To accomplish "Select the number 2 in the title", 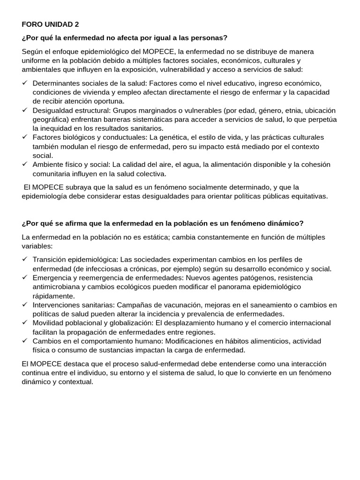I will pos(77,24).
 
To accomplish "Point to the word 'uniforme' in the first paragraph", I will pos(36,60).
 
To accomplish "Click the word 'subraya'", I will pos(69,187).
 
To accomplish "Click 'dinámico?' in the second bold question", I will pos(287,223).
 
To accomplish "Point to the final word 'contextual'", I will pos(76,382).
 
